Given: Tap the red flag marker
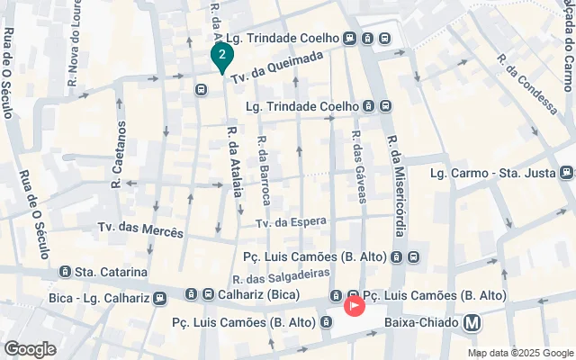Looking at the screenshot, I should (355, 306).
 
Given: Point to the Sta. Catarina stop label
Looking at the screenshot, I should (111, 271).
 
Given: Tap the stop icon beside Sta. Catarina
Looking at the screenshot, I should (65, 271).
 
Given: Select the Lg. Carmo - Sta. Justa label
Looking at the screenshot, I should (492, 173).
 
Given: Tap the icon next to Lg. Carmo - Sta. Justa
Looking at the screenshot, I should (565, 173).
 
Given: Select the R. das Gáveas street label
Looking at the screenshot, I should (357, 166).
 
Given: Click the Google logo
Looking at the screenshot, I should (30, 348).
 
